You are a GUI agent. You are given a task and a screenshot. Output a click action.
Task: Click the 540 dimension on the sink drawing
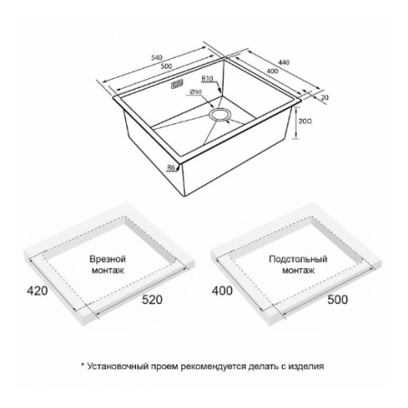click(x=157, y=57)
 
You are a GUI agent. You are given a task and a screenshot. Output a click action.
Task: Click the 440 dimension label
click(x=284, y=63)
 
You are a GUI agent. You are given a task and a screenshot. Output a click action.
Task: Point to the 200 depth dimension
click(x=305, y=121)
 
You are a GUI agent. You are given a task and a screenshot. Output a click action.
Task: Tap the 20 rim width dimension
click(x=325, y=98)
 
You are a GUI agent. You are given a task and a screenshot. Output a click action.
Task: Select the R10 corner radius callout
click(x=208, y=79)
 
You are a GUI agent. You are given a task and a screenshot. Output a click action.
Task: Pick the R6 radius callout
click(x=171, y=167)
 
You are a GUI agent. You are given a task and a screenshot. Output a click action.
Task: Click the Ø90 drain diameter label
click(x=196, y=92)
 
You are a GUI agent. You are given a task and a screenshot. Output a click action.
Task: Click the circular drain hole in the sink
click(x=220, y=115)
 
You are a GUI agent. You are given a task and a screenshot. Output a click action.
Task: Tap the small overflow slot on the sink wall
click(x=178, y=83)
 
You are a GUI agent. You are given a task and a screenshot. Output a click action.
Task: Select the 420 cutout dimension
click(x=37, y=291)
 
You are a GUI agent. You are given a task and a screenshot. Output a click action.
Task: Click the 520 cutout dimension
click(x=152, y=299)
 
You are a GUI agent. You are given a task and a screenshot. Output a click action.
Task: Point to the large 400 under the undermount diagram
click(x=222, y=291)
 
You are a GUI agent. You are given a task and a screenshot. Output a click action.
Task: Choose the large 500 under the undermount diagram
click(x=337, y=299)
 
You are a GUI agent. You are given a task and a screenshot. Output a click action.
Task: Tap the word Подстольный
click(x=298, y=259)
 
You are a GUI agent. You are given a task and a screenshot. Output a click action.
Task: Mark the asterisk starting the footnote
click(x=83, y=365)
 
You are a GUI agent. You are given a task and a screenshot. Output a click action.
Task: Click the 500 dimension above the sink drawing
click(x=166, y=66)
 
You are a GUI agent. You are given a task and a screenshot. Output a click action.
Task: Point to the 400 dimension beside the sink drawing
click(x=273, y=72)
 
